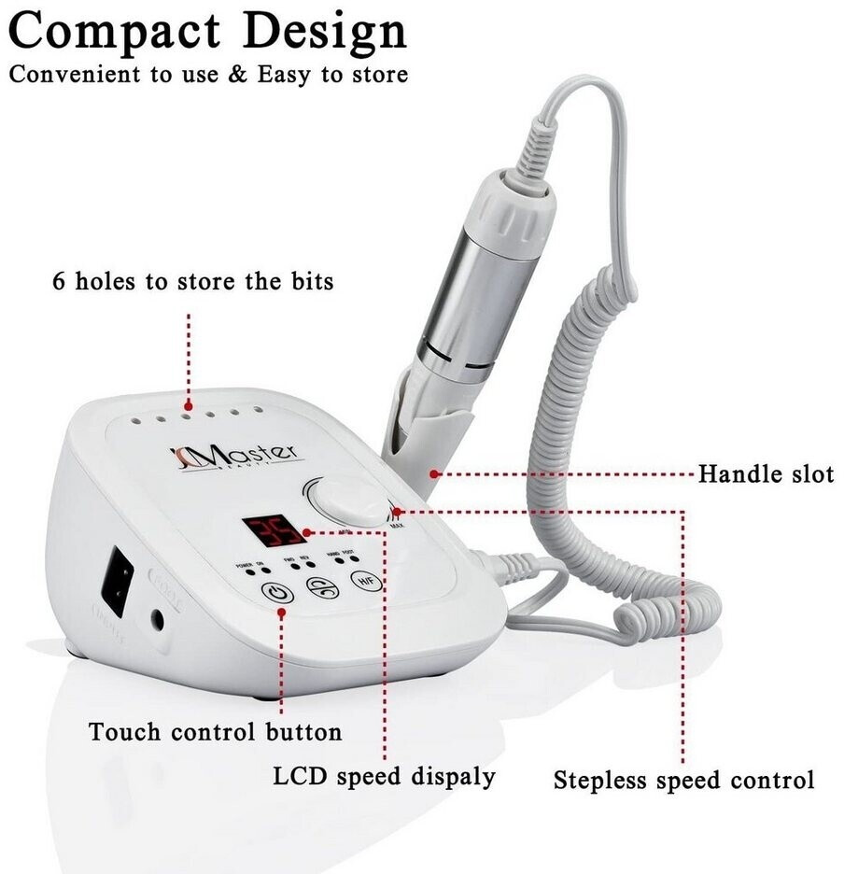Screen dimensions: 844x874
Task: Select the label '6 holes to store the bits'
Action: point(192,280)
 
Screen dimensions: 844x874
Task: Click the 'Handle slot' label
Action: point(766,474)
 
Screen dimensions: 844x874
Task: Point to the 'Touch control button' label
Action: point(215,731)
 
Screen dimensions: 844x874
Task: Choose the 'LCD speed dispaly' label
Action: point(384,777)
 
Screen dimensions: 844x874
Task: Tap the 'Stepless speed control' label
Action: point(683,780)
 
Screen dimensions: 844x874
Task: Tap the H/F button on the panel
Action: point(366,581)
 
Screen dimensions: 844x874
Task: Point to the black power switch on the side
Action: point(119,576)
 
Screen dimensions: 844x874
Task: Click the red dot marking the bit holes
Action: point(190,406)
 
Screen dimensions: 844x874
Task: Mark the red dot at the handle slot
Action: point(435,474)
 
